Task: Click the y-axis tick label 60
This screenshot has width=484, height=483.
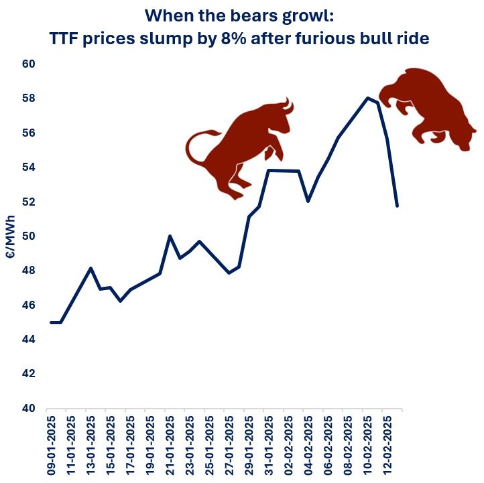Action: [x=27, y=64]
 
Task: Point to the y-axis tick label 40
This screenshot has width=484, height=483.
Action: [x=27, y=408]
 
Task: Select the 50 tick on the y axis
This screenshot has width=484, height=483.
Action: [x=27, y=236]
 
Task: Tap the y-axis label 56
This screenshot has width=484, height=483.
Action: [x=27, y=133]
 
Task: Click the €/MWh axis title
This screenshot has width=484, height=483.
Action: [x=11, y=236]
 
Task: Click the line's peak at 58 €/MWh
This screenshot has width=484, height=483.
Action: [x=367, y=98]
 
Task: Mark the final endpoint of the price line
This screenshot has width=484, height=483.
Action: [x=398, y=206]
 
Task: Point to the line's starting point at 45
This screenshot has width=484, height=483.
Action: [x=52, y=322]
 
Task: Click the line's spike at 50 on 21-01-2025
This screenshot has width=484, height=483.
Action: [x=170, y=236]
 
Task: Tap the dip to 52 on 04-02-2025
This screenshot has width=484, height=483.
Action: [x=308, y=201]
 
